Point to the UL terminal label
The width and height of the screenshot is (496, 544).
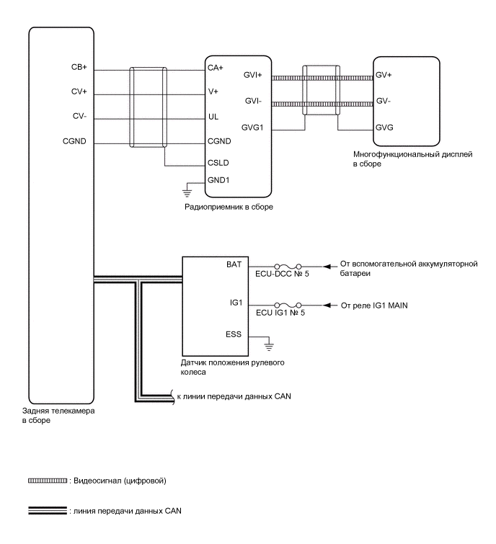[213, 116]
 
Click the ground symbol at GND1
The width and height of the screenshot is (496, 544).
[187, 191]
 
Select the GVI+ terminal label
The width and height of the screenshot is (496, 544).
[254, 74]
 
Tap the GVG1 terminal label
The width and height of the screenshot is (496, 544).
[254, 127]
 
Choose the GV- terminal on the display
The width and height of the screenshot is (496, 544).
[384, 101]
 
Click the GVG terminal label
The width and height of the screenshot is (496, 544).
[384, 127]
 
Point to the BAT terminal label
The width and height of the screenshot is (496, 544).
[234, 266]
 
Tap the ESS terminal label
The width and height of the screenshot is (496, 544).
[234, 334]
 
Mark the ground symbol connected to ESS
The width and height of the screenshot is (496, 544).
[268, 343]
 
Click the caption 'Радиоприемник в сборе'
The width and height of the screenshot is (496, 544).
[227, 207]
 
